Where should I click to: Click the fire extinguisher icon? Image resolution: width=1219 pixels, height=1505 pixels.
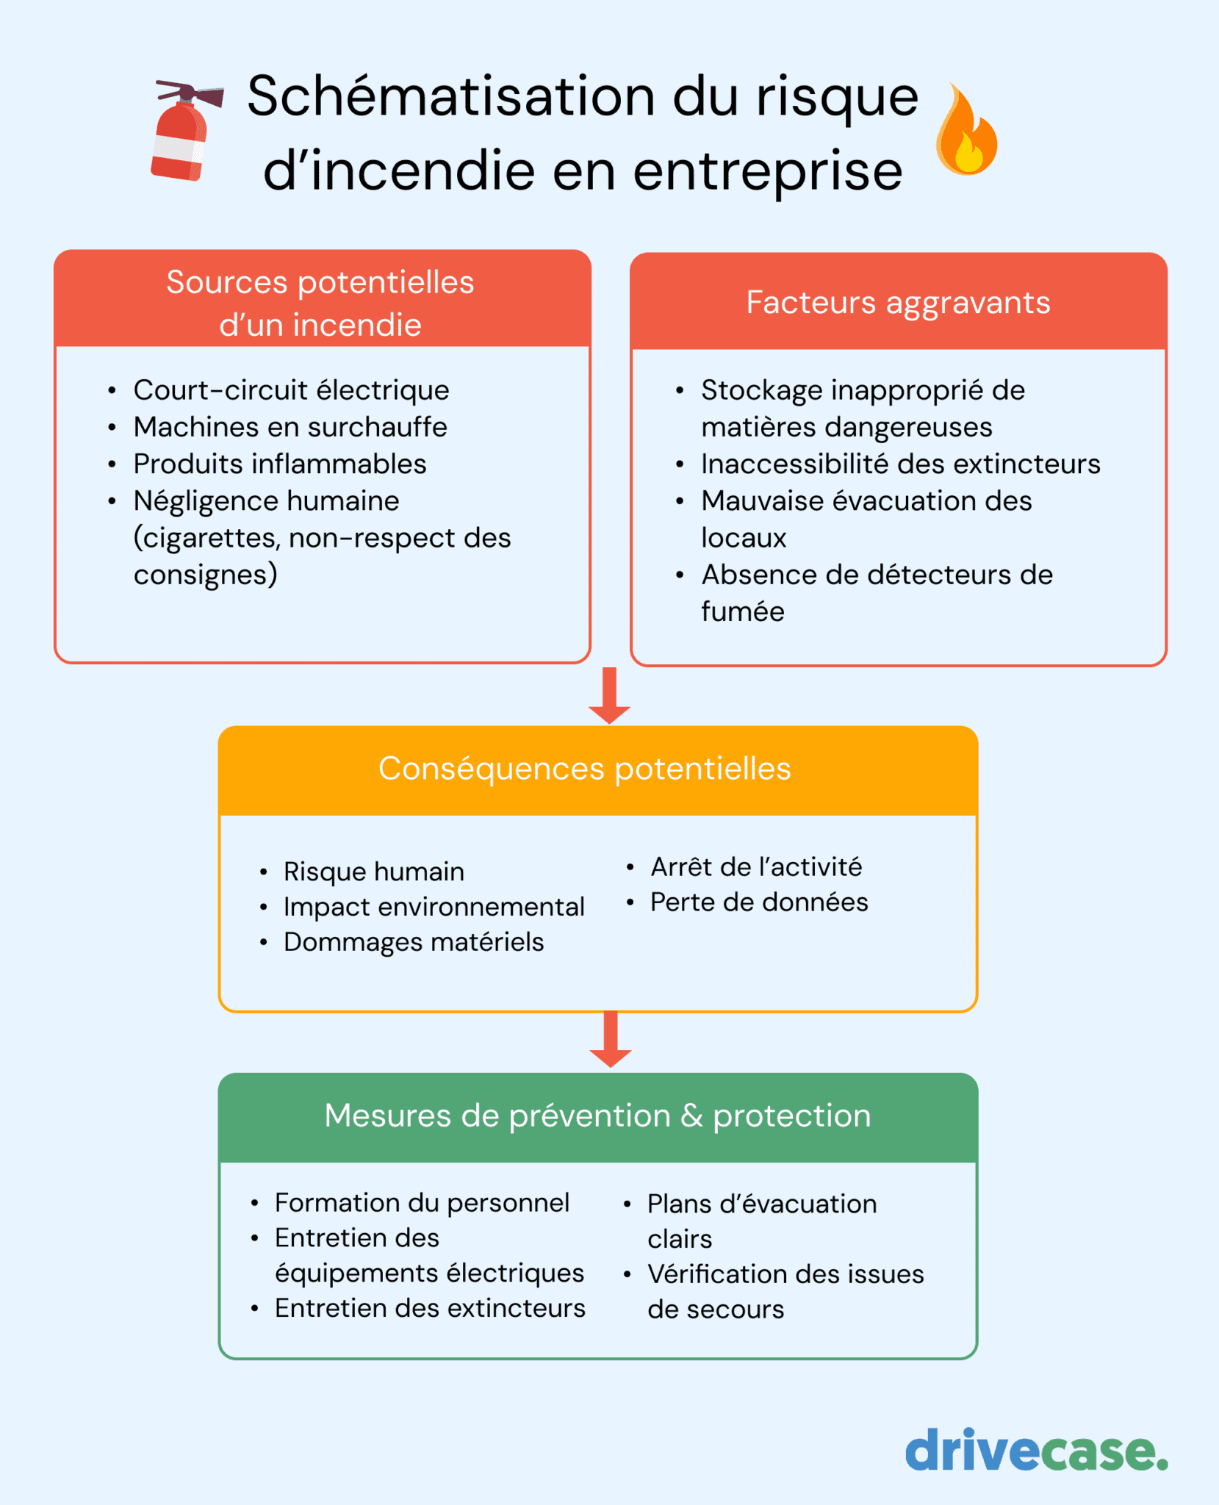tap(183, 132)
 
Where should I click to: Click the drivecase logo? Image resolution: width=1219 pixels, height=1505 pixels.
tap(1035, 1451)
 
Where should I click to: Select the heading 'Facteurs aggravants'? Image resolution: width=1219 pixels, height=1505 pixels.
tap(898, 303)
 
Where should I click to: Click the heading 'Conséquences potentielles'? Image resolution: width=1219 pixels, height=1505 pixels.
tap(584, 769)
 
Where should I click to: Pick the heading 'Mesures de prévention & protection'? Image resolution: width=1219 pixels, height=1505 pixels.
tap(597, 1116)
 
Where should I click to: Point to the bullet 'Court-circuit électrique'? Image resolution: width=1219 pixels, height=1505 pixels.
tap(291, 390)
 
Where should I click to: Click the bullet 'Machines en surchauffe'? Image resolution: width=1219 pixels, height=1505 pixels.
tap(290, 427)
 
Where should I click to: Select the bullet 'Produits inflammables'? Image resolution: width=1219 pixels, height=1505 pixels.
tap(279, 464)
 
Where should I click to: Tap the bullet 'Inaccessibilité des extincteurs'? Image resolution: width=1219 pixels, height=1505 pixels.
tap(900, 464)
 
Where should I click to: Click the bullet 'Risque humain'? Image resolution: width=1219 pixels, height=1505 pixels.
tap(373, 872)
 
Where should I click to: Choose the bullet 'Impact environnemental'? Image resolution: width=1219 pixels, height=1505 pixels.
tap(434, 907)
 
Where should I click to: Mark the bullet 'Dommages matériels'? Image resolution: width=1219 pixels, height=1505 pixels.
tap(414, 942)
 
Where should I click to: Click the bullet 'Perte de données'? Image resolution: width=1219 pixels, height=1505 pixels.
tap(758, 902)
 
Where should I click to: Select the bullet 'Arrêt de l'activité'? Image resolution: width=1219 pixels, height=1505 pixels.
tap(755, 867)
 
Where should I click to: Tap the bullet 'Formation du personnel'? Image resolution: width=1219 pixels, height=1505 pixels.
tap(422, 1202)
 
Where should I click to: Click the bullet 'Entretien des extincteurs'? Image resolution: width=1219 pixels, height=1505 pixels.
tap(430, 1308)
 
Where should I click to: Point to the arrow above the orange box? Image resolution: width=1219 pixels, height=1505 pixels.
tap(609, 695)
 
